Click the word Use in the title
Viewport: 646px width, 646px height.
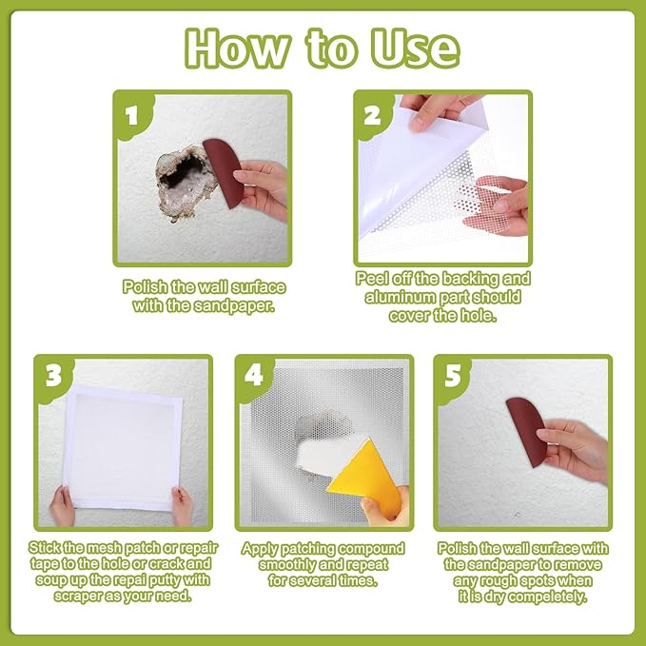(x=415, y=49)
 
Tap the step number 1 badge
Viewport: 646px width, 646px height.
(x=132, y=116)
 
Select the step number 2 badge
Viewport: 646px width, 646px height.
(x=372, y=115)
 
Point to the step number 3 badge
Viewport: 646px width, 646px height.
(x=53, y=376)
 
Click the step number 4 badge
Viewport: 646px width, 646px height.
(x=254, y=376)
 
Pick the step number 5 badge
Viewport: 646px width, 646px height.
(x=453, y=376)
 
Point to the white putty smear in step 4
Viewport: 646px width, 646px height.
(x=325, y=456)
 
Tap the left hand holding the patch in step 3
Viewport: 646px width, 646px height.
(x=63, y=506)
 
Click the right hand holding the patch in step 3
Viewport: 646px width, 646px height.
(x=182, y=507)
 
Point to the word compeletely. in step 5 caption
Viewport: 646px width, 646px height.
(x=547, y=597)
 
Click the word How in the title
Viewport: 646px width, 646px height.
(x=237, y=49)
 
